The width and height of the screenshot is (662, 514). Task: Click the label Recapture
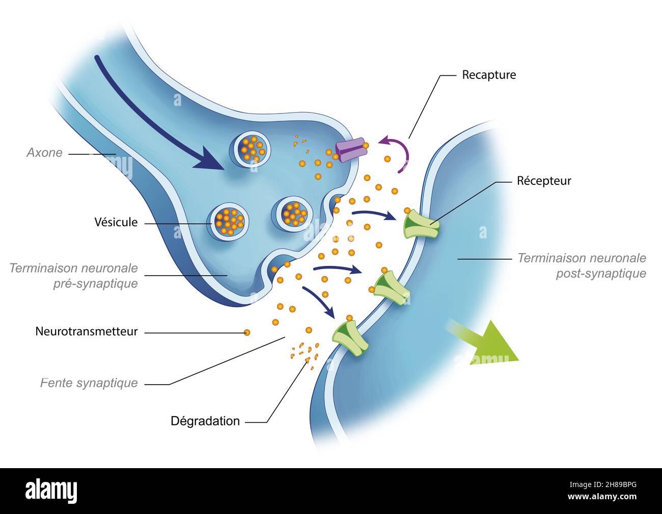(488, 75)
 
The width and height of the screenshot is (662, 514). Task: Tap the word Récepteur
(543, 181)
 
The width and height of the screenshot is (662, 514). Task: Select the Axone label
(45, 153)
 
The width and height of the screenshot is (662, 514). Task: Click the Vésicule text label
(116, 222)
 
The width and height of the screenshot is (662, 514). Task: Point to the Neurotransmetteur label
(87, 332)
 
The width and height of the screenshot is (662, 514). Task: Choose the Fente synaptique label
(89, 383)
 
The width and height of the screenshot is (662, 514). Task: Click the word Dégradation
(205, 421)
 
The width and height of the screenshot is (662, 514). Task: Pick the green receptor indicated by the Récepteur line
(421, 226)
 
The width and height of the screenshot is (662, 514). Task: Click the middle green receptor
(391, 288)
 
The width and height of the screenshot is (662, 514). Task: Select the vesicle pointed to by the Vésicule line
(229, 221)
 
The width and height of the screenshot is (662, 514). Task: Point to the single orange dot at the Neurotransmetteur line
(247, 333)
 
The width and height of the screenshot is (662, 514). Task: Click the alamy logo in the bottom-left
(51, 491)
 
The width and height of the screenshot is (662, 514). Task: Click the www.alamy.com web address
(601, 497)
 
